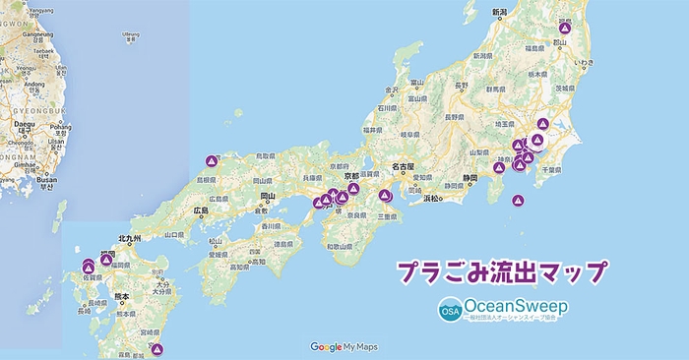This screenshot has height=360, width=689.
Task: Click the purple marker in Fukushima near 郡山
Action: [x=564, y=28]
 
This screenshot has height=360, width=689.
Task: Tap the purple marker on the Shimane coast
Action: [x=212, y=160]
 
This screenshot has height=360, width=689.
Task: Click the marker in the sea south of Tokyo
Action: [x=519, y=201]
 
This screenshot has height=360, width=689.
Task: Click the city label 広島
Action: [x=202, y=210]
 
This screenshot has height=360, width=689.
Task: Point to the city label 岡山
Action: [x=267, y=197]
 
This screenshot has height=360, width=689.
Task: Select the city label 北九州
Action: [x=130, y=239]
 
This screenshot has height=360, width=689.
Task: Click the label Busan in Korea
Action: [x=46, y=180]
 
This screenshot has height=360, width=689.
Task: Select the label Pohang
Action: [x=61, y=127]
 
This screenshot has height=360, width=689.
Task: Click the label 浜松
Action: [x=432, y=198]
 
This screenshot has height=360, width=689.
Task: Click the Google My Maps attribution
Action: [x=344, y=347]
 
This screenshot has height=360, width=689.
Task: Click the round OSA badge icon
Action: [x=450, y=311]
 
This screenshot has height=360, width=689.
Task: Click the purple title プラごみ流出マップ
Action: [x=501, y=272]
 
